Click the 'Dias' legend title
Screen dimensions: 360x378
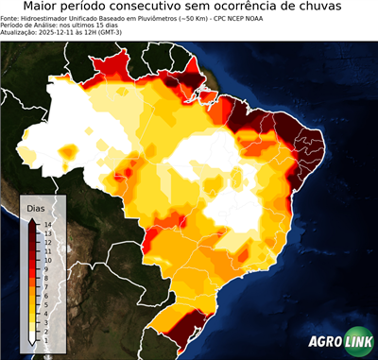tap(36, 208)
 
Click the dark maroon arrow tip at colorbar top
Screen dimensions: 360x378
tap(32, 220)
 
